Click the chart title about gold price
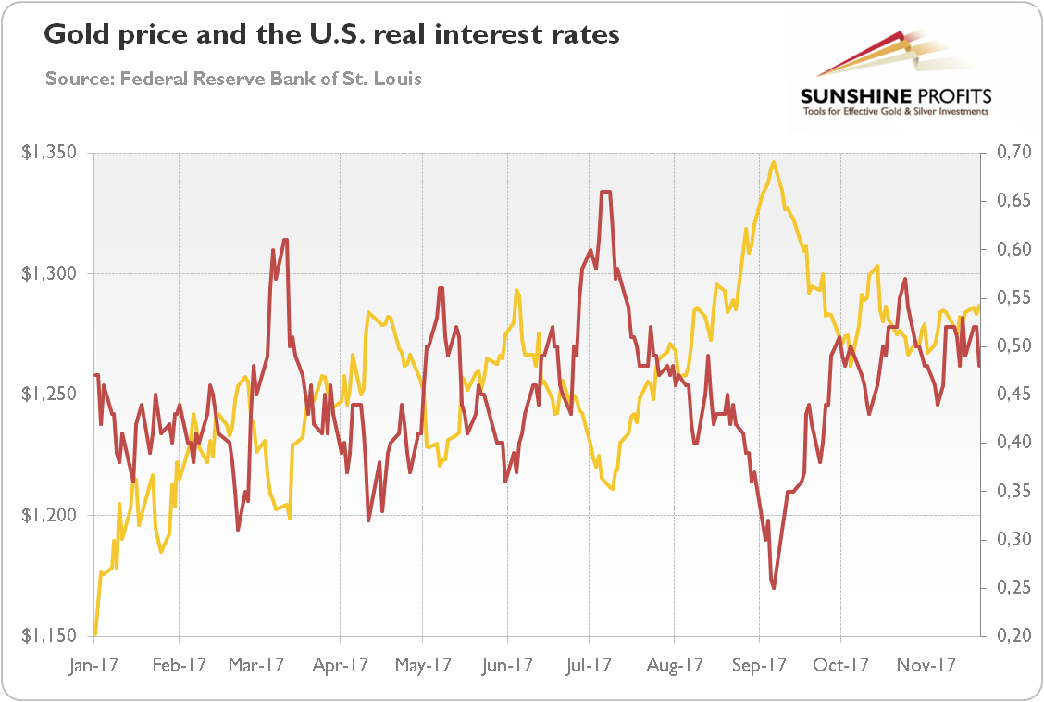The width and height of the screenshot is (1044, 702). click(x=331, y=37)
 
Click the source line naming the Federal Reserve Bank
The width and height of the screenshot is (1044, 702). click(x=233, y=79)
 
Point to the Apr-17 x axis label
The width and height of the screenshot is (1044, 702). click(x=341, y=665)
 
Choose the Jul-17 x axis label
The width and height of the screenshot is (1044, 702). click(x=589, y=665)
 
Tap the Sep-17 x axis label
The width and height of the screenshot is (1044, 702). click(x=759, y=665)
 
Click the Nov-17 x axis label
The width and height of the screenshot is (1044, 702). click(x=927, y=665)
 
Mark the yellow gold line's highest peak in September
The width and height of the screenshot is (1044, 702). click(x=773, y=163)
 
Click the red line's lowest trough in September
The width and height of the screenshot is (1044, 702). click(x=773, y=587)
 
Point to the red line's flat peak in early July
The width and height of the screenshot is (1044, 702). click(x=605, y=193)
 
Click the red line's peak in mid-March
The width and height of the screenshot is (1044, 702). click(x=285, y=241)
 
